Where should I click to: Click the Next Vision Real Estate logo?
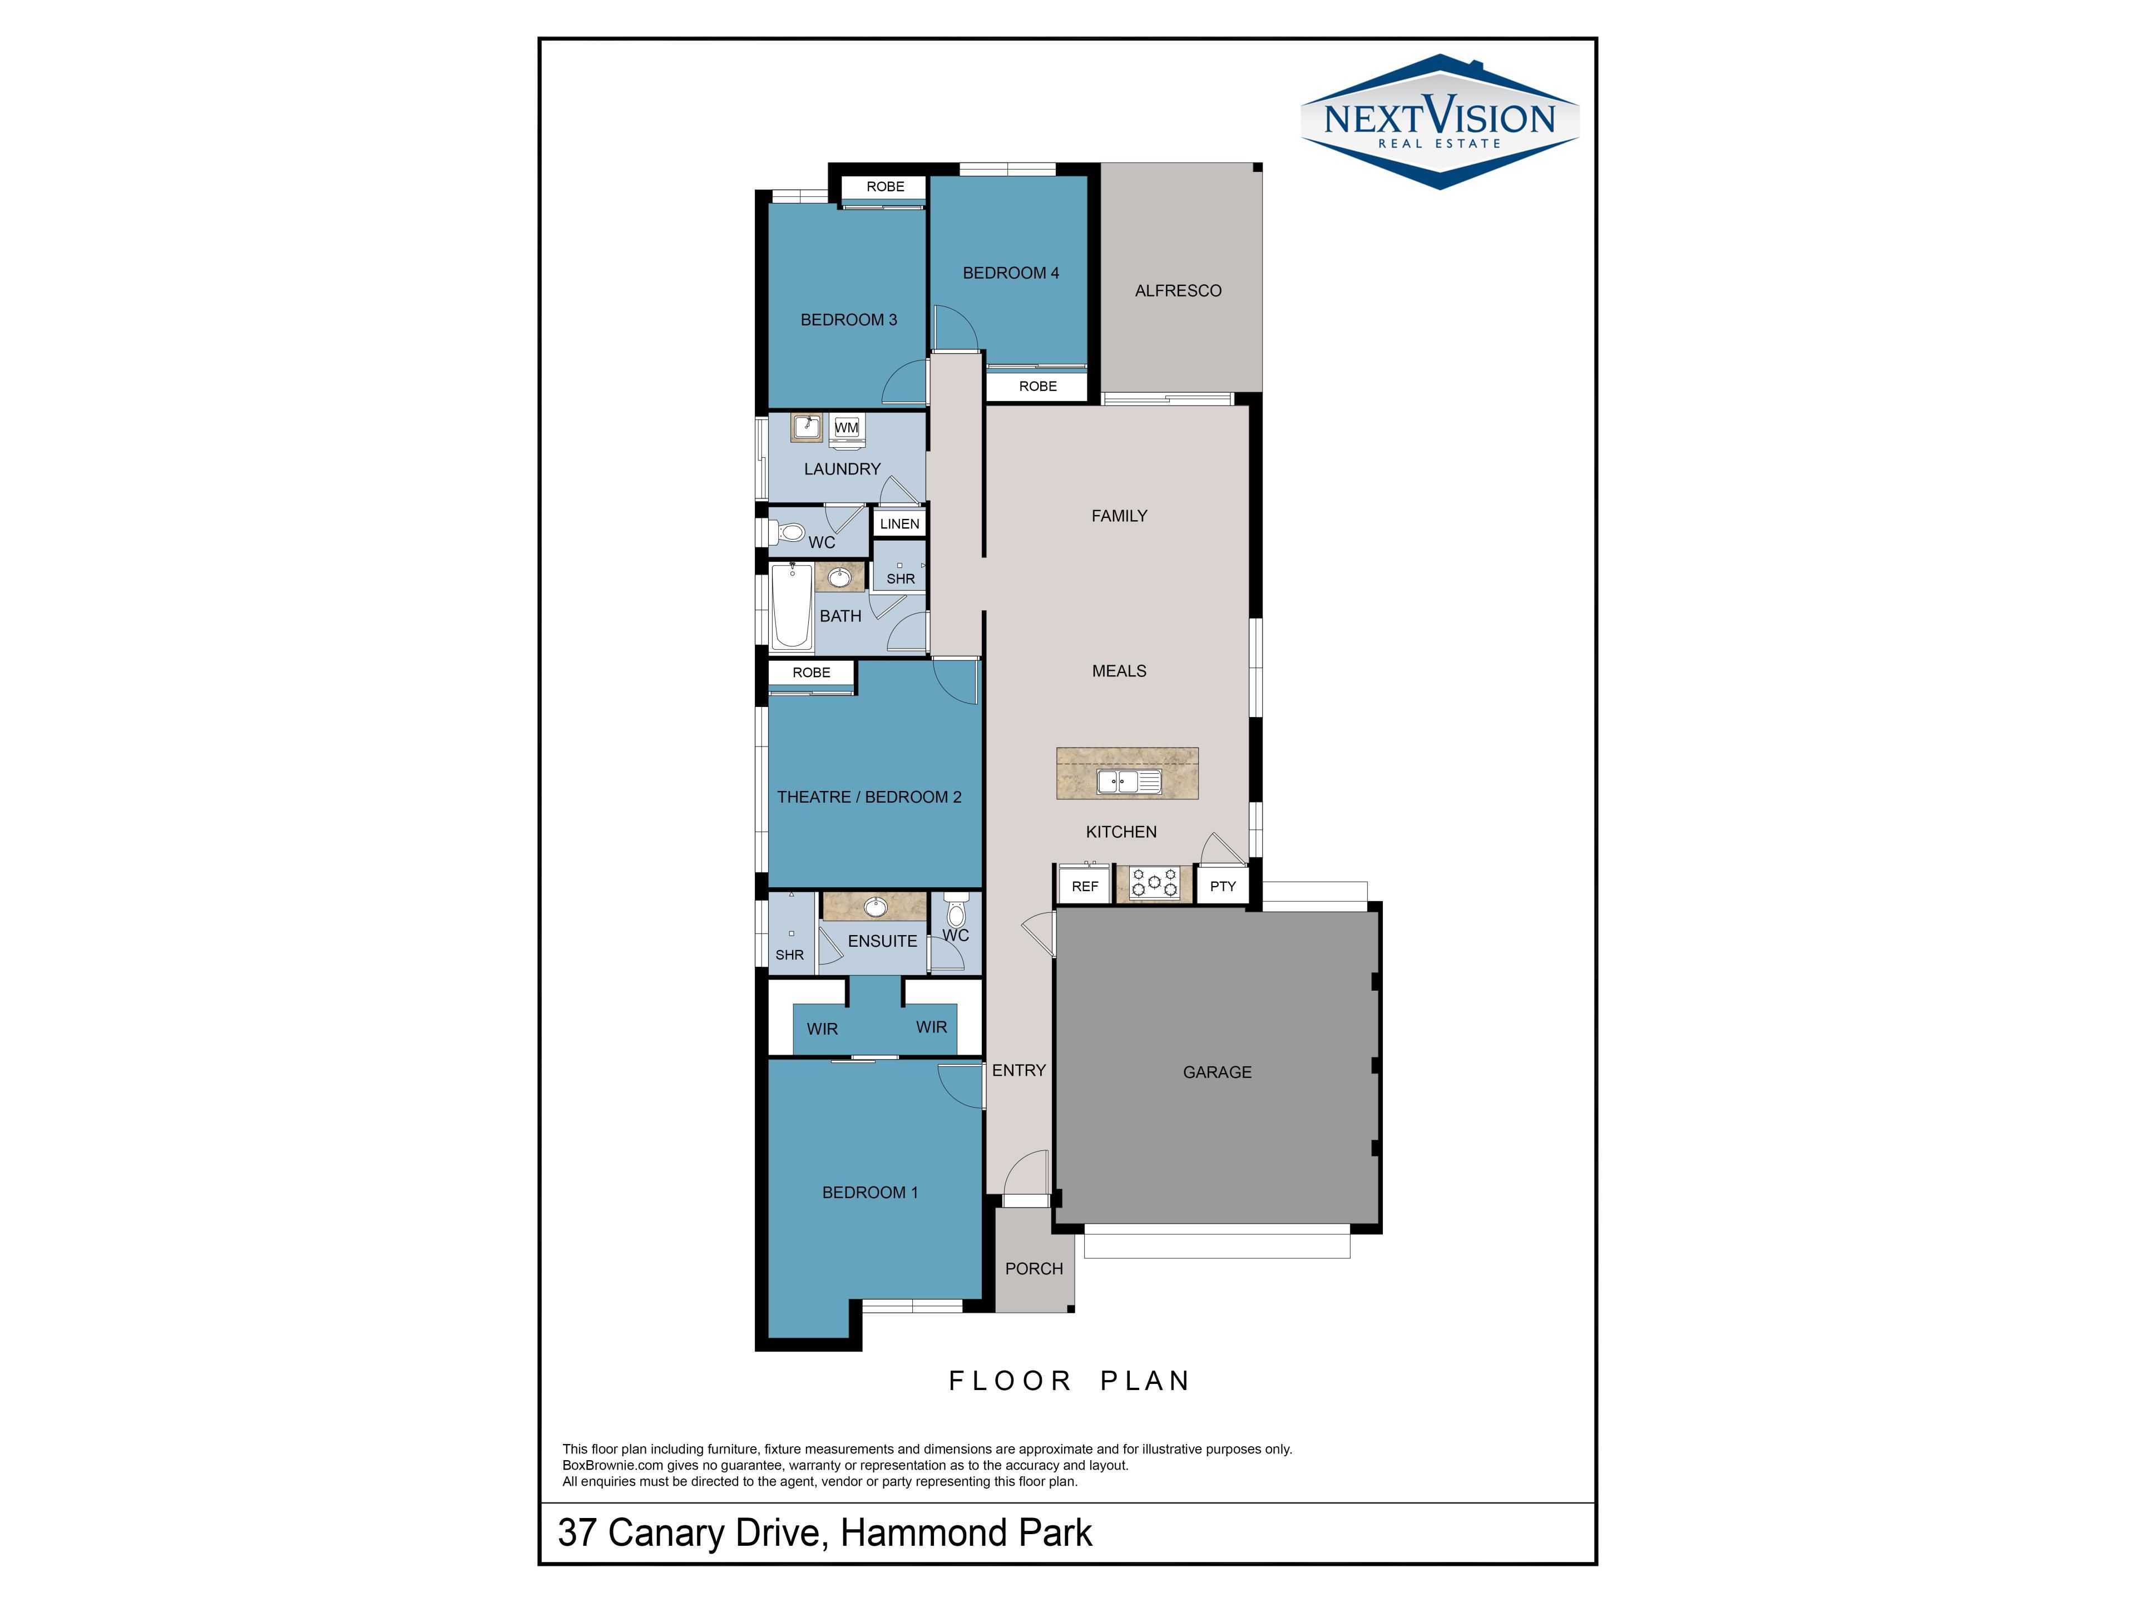pos(1440,122)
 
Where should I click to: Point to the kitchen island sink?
pos(1129,781)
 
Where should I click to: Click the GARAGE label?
pos(1217,1072)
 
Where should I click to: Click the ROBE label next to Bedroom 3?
pos(886,186)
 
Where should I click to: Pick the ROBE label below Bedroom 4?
pos(1038,386)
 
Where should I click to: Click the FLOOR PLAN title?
pos(1069,1381)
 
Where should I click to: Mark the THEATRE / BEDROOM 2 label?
pos(869,797)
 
